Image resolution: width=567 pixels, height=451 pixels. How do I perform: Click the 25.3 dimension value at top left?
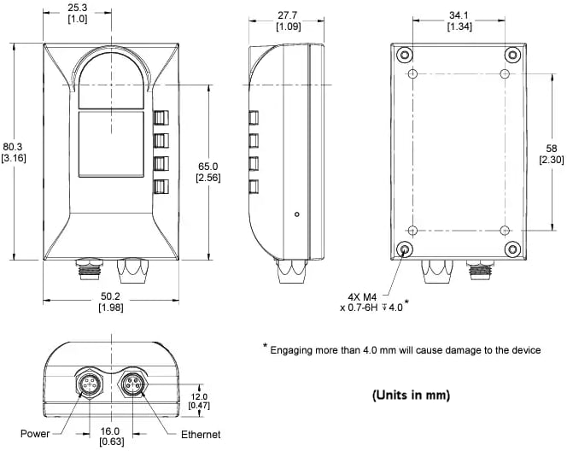click(x=76, y=8)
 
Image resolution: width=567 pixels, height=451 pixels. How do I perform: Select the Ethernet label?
click(x=201, y=435)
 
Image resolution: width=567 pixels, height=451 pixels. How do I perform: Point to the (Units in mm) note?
click(x=411, y=395)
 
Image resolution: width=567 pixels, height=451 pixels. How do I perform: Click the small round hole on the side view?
click(x=295, y=214)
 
